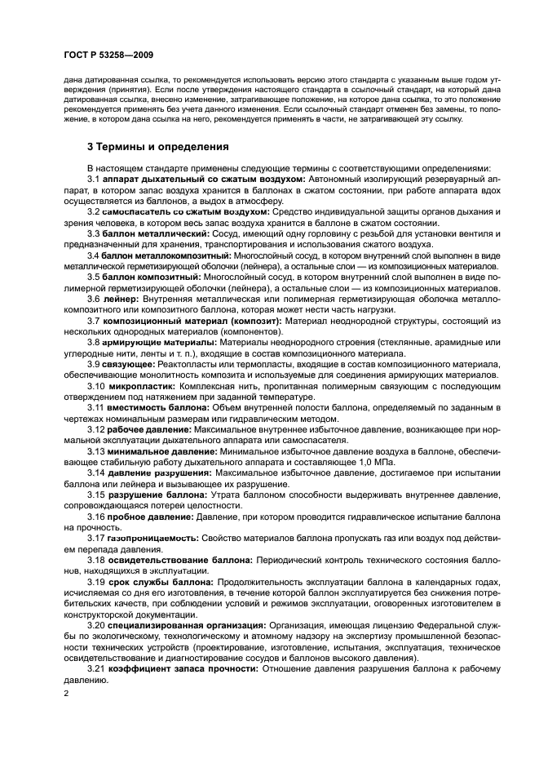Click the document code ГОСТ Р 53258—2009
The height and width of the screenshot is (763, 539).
[107, 55]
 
